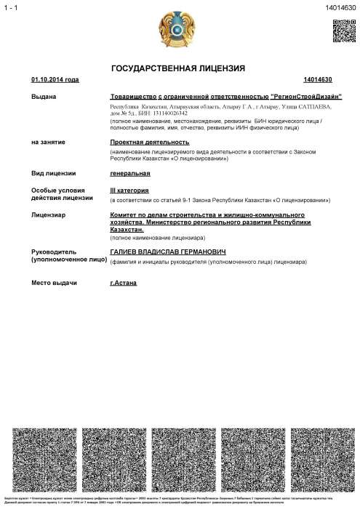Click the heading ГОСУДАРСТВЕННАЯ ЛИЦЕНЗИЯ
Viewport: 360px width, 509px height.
tap(177, 68)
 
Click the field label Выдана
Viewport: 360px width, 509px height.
tap(42, 97)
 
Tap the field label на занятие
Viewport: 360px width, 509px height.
tap(46, 143)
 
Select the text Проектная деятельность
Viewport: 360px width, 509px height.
tap(139, 143)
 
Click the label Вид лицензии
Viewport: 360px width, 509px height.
tap(52, 173)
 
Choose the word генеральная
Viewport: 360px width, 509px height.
tap(129, 173)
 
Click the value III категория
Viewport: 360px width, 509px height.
tap(129, 189)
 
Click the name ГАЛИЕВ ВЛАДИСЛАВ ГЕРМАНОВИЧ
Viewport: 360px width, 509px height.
tap(164, 251)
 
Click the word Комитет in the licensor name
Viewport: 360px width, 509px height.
tap(124, 215)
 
